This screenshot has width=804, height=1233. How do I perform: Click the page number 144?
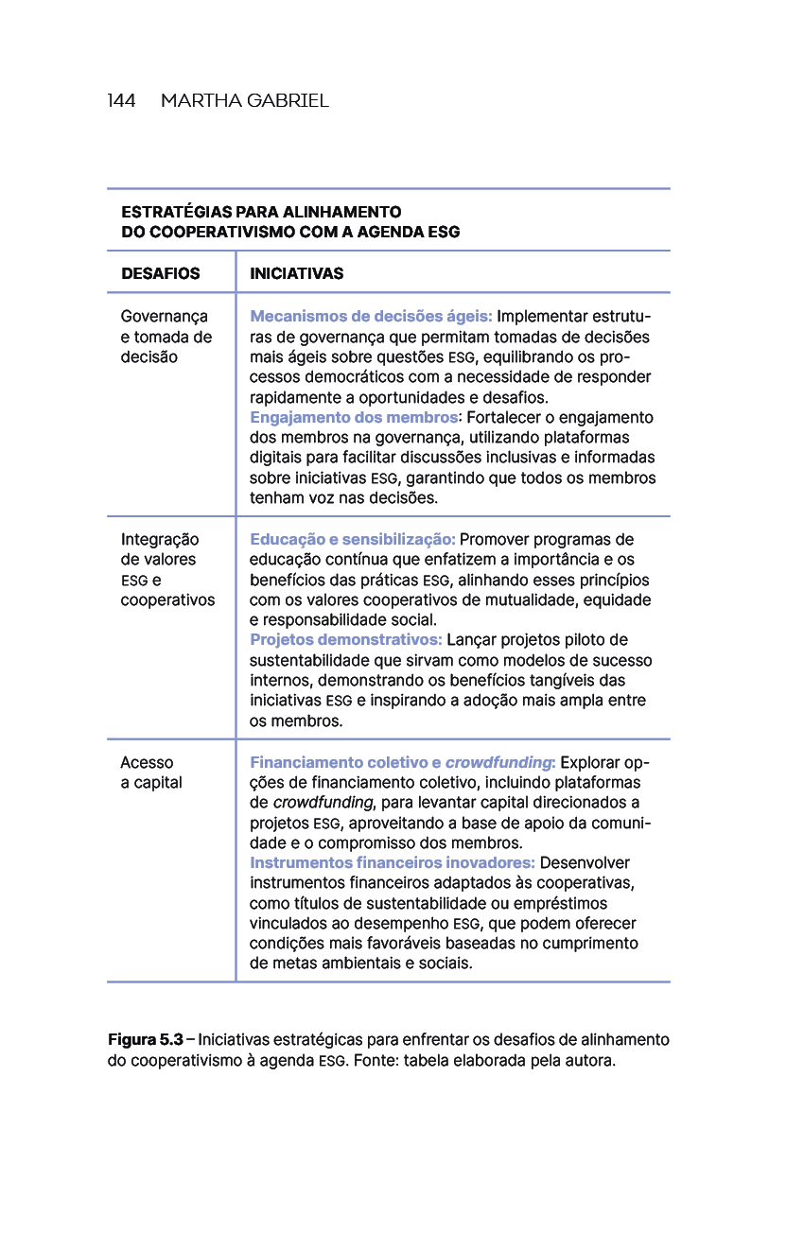point(121,101)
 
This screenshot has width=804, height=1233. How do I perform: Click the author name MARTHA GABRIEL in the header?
point(244,101)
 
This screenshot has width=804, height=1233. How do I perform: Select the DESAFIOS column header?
point(160,274)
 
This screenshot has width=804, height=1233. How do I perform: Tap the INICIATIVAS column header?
point(296,274)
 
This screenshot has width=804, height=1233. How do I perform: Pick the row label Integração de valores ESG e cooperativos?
point(166,569)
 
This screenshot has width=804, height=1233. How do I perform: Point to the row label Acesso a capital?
point(151,773)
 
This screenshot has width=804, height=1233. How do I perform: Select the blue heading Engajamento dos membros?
point(353,418)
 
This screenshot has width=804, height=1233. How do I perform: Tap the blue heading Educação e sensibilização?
point(352,540)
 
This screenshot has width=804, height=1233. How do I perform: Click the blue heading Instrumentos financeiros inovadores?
point(392,863)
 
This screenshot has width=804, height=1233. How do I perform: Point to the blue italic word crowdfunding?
point(498,763)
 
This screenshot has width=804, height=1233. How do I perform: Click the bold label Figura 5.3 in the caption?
point(145,1040)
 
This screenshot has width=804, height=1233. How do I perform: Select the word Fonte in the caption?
point(376,1061)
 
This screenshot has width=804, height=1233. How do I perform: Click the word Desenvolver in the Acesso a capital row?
point(585,863)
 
